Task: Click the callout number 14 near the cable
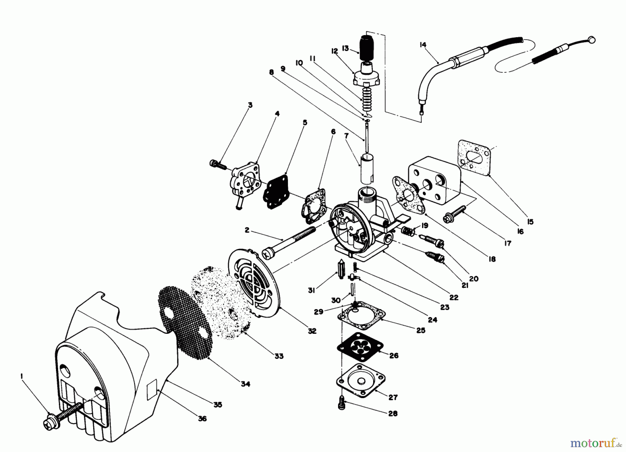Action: (423, 45)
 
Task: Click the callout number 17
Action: (508, 243)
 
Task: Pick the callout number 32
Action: (312, 331)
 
